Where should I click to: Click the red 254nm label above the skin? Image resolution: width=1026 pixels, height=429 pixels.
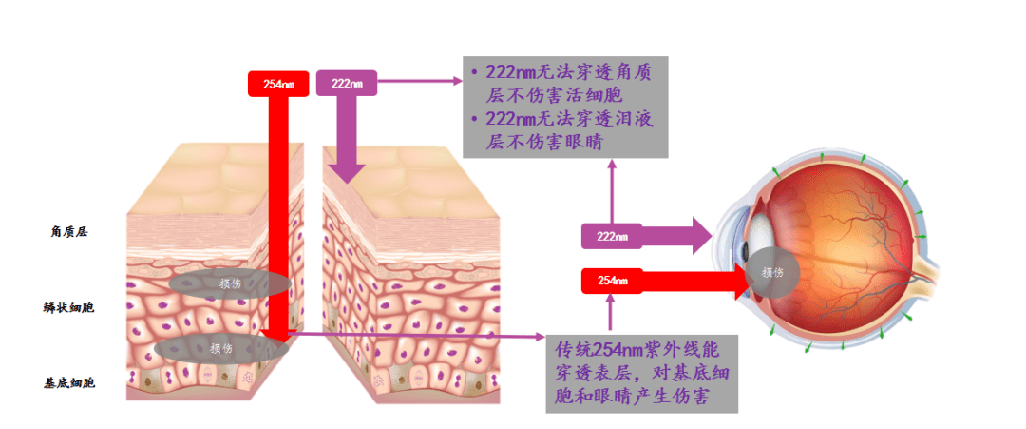click(x=278, y=84)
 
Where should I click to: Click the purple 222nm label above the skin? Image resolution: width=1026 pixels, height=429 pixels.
click(x=347, y=83)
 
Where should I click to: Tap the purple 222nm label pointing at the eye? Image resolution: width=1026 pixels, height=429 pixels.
click(x=612, y=236)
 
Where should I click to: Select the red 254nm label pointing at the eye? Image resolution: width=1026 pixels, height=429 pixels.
click(x=612, y=281)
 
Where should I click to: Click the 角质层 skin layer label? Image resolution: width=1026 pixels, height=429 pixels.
click(x=68, y=232)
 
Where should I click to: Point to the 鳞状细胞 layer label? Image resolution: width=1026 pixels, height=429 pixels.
click(x=68, y=307)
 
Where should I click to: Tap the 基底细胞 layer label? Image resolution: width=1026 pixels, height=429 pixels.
click(x=69, y=383)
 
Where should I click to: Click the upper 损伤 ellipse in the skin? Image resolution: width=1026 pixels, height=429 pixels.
click(x=230, y=283)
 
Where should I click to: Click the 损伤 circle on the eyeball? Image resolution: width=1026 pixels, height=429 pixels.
click(x=772, y=272)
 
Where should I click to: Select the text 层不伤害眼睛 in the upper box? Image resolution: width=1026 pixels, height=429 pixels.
click(x=543, y=142)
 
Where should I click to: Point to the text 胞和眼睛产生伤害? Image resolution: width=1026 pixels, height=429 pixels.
click(x=631, y=397)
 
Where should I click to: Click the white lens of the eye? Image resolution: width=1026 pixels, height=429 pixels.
click(x=762, y=231)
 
